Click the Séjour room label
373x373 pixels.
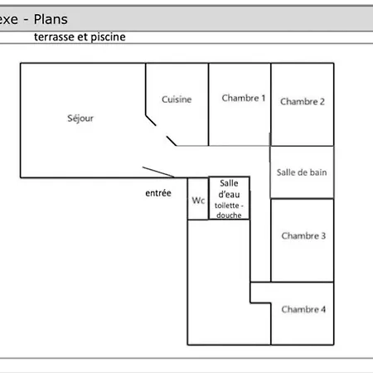[80, 119]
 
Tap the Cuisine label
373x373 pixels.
[177, 99]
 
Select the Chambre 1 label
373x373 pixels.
[244, 98]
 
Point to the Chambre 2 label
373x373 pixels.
[303, 101]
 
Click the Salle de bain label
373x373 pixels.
[302, 172]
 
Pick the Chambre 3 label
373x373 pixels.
[303, 235]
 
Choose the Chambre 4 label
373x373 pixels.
[303, 309]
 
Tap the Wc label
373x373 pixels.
[198, 200]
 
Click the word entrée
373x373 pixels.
[158, 193]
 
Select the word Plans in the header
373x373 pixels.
[51, 19]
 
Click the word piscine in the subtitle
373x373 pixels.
[108, 37]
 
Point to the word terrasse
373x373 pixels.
[54, 36]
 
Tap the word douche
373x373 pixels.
[229, 215]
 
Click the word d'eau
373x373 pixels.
[229, 194]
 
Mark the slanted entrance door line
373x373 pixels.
[158, 172]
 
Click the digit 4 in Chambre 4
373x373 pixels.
[323, 309]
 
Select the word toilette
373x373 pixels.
[226, 206]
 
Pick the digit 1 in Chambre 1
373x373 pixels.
[264, 98]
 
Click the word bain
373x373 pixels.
[318, 172]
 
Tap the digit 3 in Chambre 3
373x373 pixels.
[323, 235]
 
